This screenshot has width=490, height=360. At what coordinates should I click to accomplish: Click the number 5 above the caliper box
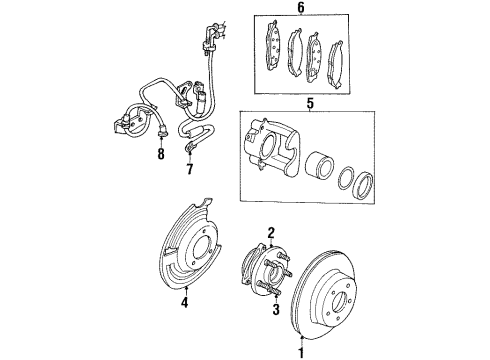coord(309,103)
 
